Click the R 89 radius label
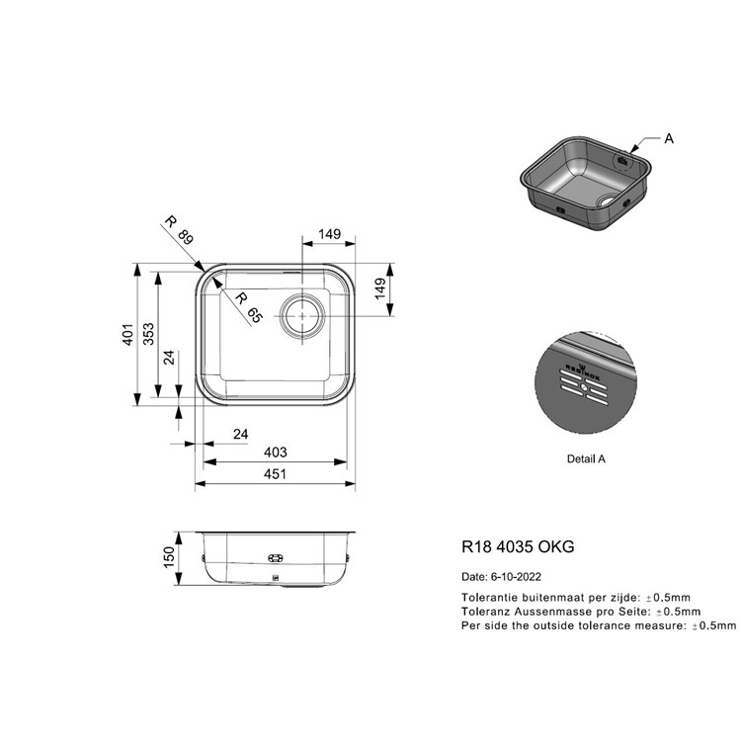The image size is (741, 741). (x=179, y=230)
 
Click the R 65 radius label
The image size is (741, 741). (x=249, y=308)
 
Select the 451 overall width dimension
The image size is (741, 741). (x=275, y=473)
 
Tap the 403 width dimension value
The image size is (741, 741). (x=275, y=453)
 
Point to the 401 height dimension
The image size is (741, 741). (x=127, y=334)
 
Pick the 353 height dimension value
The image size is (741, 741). (x=148, y=334)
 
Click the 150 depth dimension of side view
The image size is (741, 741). (x=169, y=557)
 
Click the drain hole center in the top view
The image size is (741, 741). (x=302, y=316)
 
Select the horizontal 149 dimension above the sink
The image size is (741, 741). (x=329, y=234)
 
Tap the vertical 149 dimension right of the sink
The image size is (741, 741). (x=379, y=288)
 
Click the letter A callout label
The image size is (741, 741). (x=669, y=138)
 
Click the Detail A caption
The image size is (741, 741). (x=586, y=458)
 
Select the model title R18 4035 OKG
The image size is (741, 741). (x=518, y=546)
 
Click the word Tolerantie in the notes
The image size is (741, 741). (x=486, y=598)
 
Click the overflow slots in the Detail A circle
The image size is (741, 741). (x=584, y=387)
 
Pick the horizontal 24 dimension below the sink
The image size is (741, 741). (x=240, y=434)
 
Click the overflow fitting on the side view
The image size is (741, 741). (x=275, y=558)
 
